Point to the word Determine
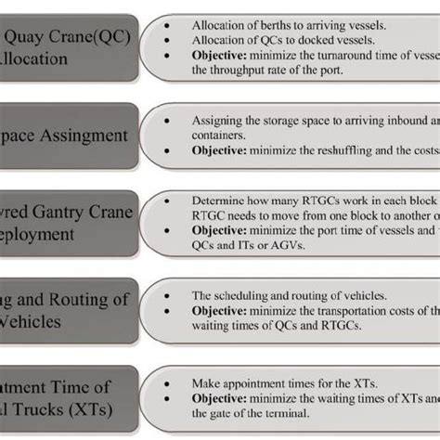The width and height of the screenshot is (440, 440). point(218,200)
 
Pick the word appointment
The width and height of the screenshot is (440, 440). point(249,382)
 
